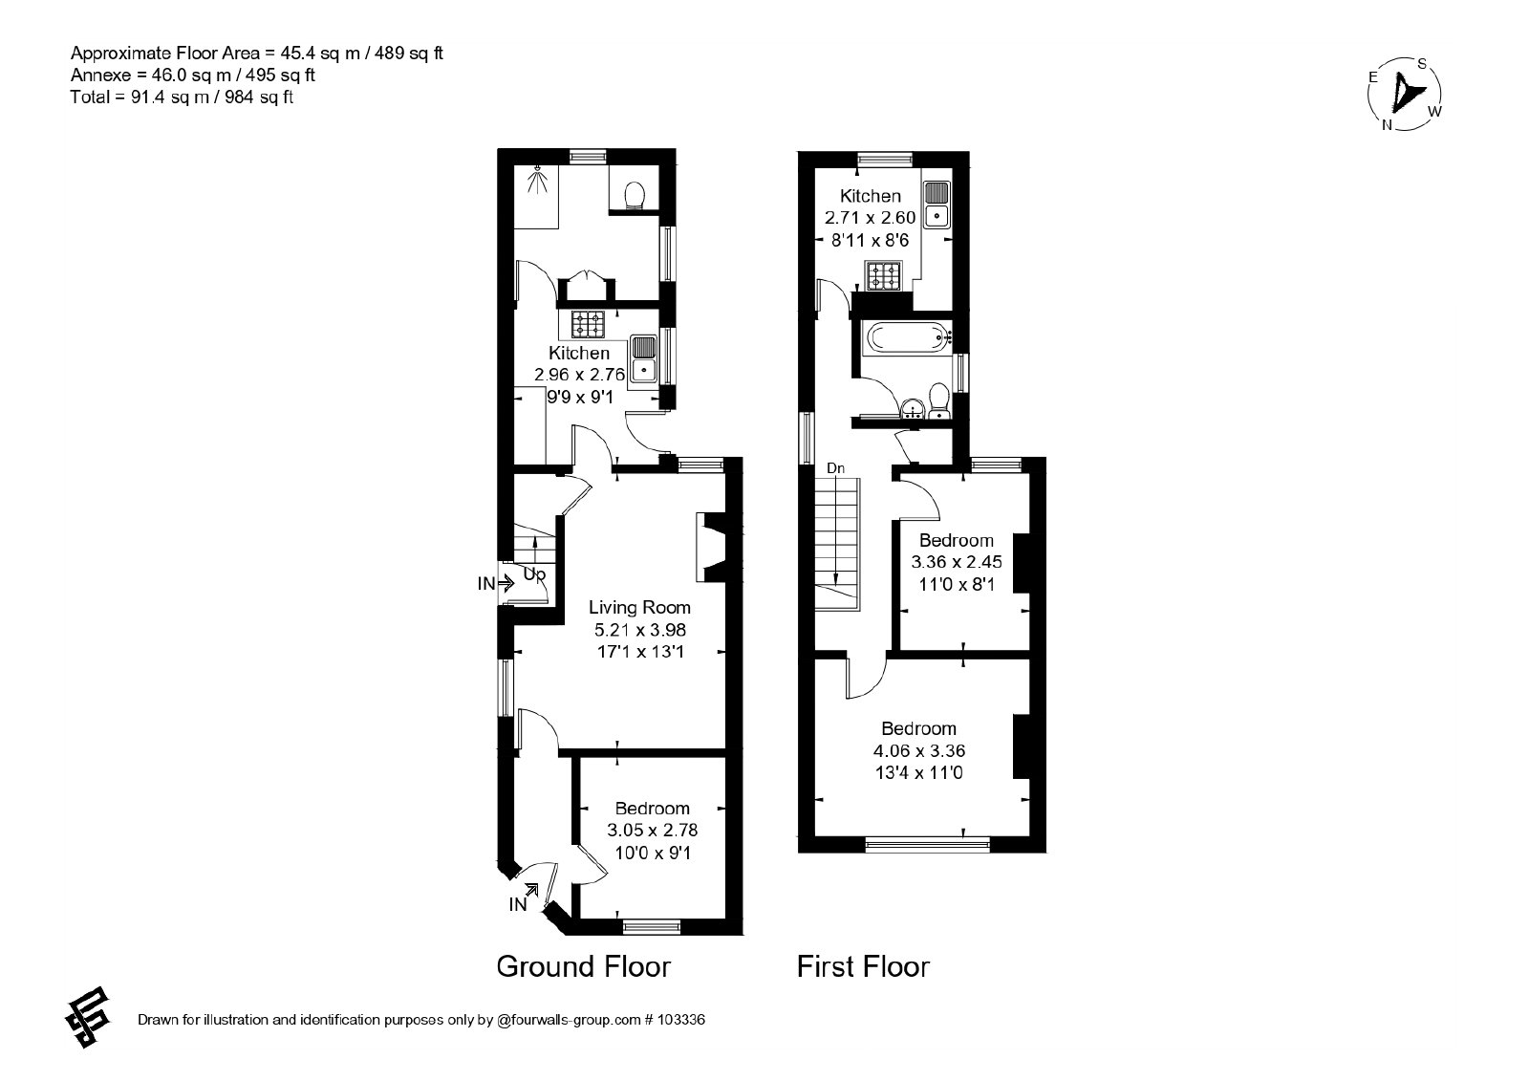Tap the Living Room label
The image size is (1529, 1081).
point(639,607)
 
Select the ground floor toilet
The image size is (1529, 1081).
point(635,195)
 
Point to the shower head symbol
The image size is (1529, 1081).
point(539,180)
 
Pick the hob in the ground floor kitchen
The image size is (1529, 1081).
point(588,324)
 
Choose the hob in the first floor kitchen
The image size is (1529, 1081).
point(882,276)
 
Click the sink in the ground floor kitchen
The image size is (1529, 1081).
point(644,359)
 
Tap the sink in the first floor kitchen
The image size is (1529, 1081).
point(937,204)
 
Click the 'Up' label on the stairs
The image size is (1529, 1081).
point(534,574)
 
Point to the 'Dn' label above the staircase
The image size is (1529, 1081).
point(835,467)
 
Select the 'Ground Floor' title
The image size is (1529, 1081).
point(584,966)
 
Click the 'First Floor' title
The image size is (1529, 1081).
point(864,966)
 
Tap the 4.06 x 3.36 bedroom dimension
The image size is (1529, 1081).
point(919,751)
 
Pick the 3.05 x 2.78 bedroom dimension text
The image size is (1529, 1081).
point(653,831)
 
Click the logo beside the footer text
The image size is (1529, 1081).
point(88,1016)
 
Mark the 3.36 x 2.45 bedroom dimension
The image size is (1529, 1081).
point(957,562)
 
